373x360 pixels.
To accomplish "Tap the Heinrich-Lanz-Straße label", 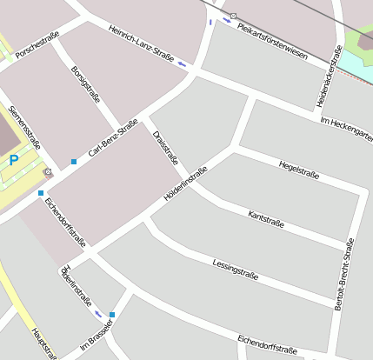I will (141, 43).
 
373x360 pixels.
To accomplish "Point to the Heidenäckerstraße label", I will (328, 79).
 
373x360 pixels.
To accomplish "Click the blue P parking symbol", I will (14, 160).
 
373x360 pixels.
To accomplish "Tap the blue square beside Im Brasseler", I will (112, 315).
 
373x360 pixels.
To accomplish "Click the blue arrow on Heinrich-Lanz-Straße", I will (182, 63).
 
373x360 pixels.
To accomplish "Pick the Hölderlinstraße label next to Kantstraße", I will (185, 183).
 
